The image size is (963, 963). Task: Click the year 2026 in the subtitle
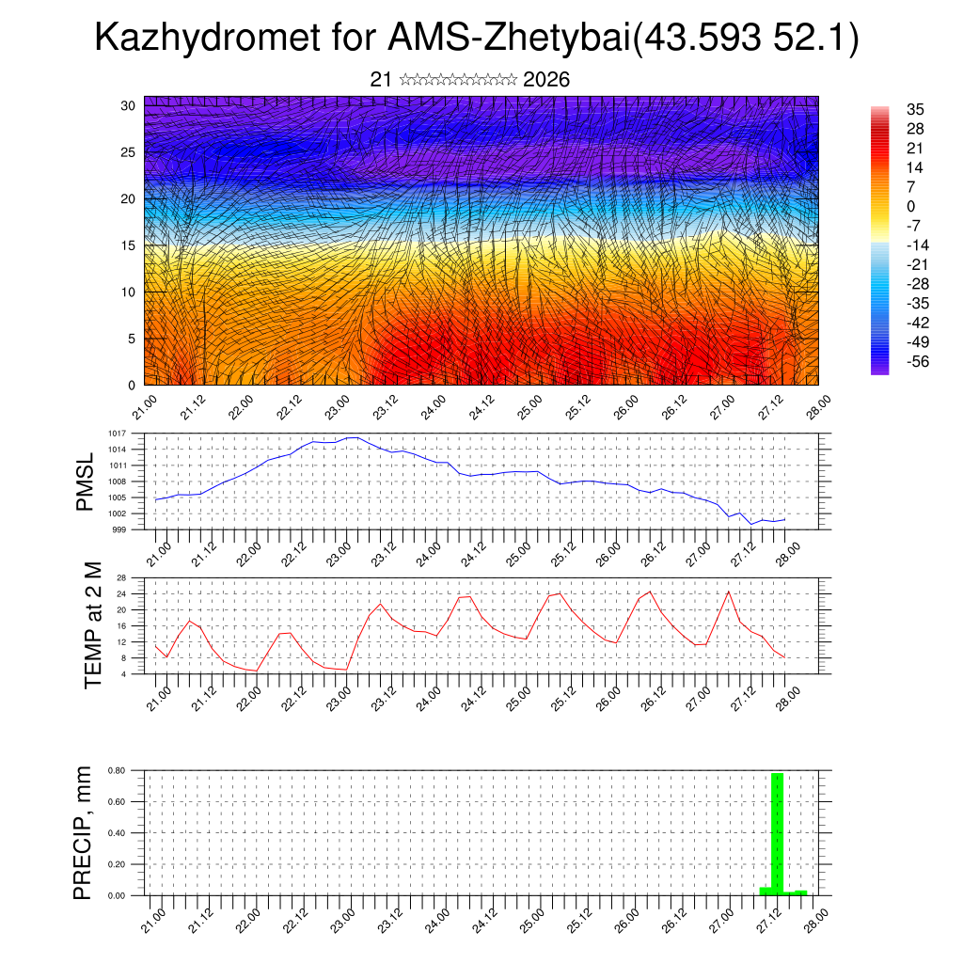click(546, 80)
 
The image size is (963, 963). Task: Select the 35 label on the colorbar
click(914, 109)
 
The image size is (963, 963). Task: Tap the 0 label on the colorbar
click(910, 206)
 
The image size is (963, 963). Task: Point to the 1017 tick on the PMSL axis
click(117, 434)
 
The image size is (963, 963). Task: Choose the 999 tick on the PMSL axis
click(118, 529)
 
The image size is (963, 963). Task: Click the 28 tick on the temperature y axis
click(121, 577)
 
